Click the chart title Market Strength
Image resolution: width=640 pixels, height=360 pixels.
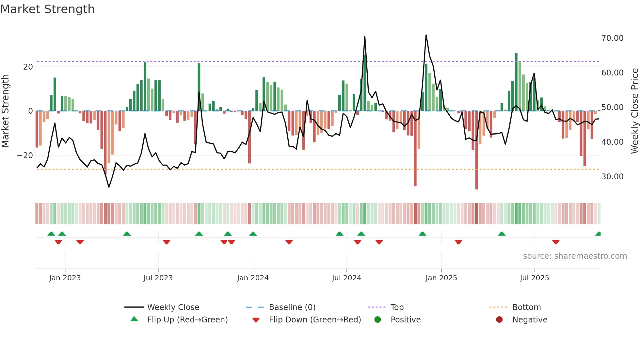(x=47, y=9)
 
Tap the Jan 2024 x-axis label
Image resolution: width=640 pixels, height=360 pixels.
(x=253, y=278)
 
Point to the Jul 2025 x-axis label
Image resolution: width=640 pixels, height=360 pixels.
(x=534, y=278)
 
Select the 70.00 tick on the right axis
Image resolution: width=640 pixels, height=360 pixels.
(x=612, y=38)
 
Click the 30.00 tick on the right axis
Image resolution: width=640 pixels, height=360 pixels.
(x=612, y=177)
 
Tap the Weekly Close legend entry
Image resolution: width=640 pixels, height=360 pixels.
(x=173, y=307)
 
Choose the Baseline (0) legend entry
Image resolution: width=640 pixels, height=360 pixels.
(x=292, y=307)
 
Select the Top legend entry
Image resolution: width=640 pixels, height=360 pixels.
(x=397, y=307)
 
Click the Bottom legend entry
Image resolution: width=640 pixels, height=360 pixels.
(x=526, y=307)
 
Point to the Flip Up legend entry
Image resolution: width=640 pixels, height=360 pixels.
(x=187, y=320)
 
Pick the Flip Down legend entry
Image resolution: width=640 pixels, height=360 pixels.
(x=315, y=320)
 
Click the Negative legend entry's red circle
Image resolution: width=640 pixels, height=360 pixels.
(x=499, y=320)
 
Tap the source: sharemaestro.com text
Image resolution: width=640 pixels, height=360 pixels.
(x=575, y=256)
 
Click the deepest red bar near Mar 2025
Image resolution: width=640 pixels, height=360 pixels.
(x=476, y=150)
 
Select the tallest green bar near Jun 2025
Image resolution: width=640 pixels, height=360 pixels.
(x=516, y=82)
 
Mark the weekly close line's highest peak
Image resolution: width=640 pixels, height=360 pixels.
(x=426, y=35)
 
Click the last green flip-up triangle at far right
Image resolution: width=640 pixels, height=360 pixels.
(x=598, y=234)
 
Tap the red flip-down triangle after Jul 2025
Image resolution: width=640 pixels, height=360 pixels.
(x=556, y=242)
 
